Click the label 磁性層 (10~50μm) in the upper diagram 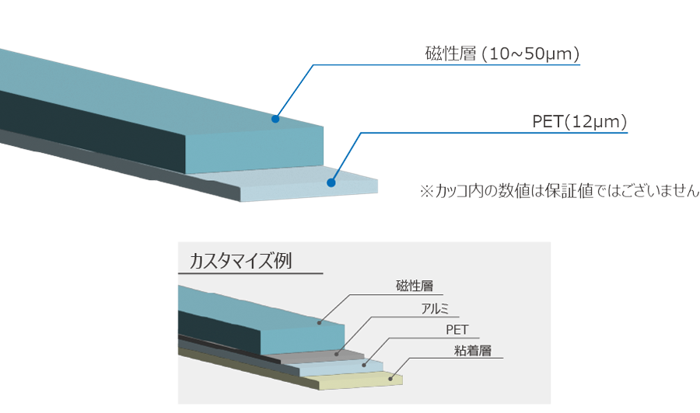point(502,54)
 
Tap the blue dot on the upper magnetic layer point(275,119)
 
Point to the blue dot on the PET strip point(331,184)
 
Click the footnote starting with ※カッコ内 point(558,191)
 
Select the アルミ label point(434,308)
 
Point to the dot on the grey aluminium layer point(338,353)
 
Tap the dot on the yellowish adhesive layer point(391,379)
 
